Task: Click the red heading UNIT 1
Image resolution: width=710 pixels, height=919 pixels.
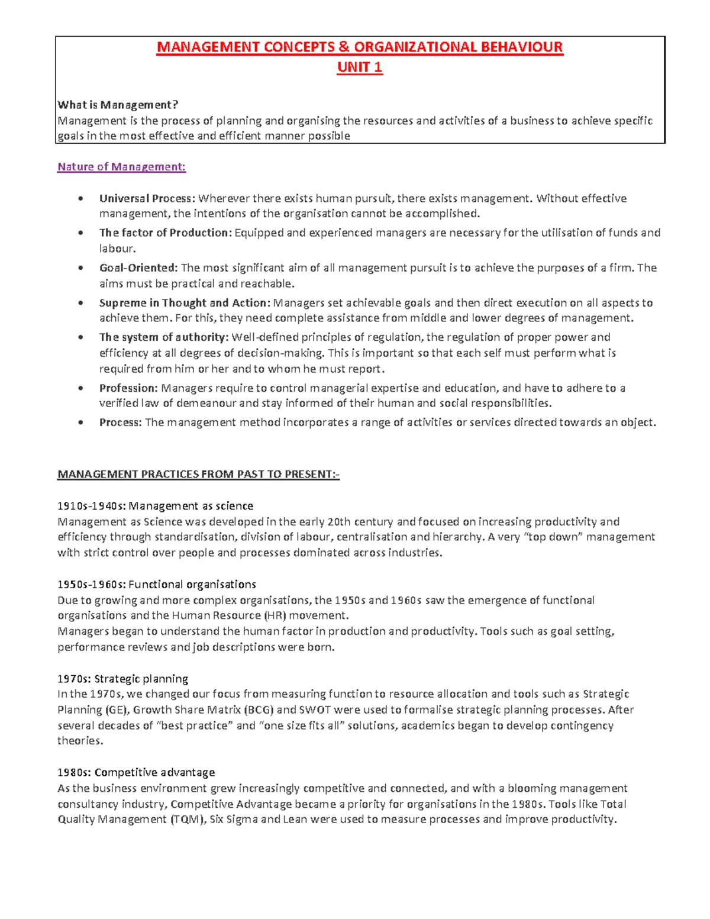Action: point(360,67)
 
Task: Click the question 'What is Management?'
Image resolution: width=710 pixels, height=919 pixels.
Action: point(117,105)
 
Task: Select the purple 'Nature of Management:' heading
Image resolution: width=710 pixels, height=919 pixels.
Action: point(121,167)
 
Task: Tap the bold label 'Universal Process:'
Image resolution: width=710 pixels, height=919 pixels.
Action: point(147,198)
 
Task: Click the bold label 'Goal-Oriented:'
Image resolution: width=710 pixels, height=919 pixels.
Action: point(138,268)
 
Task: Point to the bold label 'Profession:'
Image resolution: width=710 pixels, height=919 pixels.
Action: point(128,388)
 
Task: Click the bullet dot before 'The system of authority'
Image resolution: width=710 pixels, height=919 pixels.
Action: point(80,337)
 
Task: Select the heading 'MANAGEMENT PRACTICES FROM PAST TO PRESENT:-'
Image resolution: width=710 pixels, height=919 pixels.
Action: point(198,475)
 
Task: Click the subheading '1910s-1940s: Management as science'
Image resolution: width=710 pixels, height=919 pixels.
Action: point(155,506)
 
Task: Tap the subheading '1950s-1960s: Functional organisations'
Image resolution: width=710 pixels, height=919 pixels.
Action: point(157,585)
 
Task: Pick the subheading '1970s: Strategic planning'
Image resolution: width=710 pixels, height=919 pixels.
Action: point(122,679)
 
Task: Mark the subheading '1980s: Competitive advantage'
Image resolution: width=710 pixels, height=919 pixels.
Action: point(136,772)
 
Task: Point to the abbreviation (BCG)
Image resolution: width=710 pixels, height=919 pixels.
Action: point(258,710)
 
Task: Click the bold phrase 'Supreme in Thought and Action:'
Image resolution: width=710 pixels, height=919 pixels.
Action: point(184,303)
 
